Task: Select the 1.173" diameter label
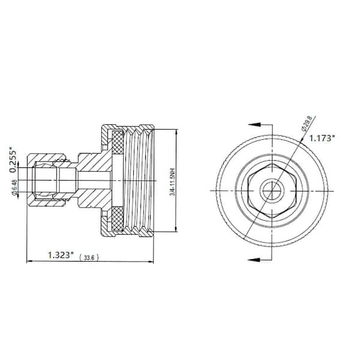point(322,137)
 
